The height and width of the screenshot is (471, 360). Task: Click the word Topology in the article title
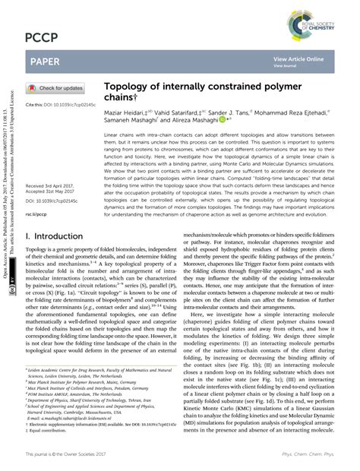point(129,87)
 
